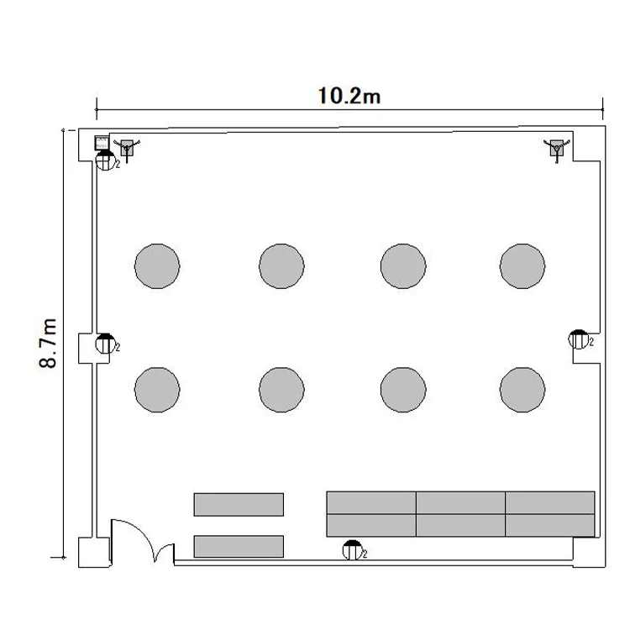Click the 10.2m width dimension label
click(349, 96)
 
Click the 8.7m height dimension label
click(48, 343)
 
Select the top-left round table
click(157, 266)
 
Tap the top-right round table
click(522, 266)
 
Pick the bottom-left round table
click(157, 389)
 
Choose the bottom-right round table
click(522, 389)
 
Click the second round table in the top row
click(281, 266)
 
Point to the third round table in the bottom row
click(403, 389)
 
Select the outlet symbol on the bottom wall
click(352, 550)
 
